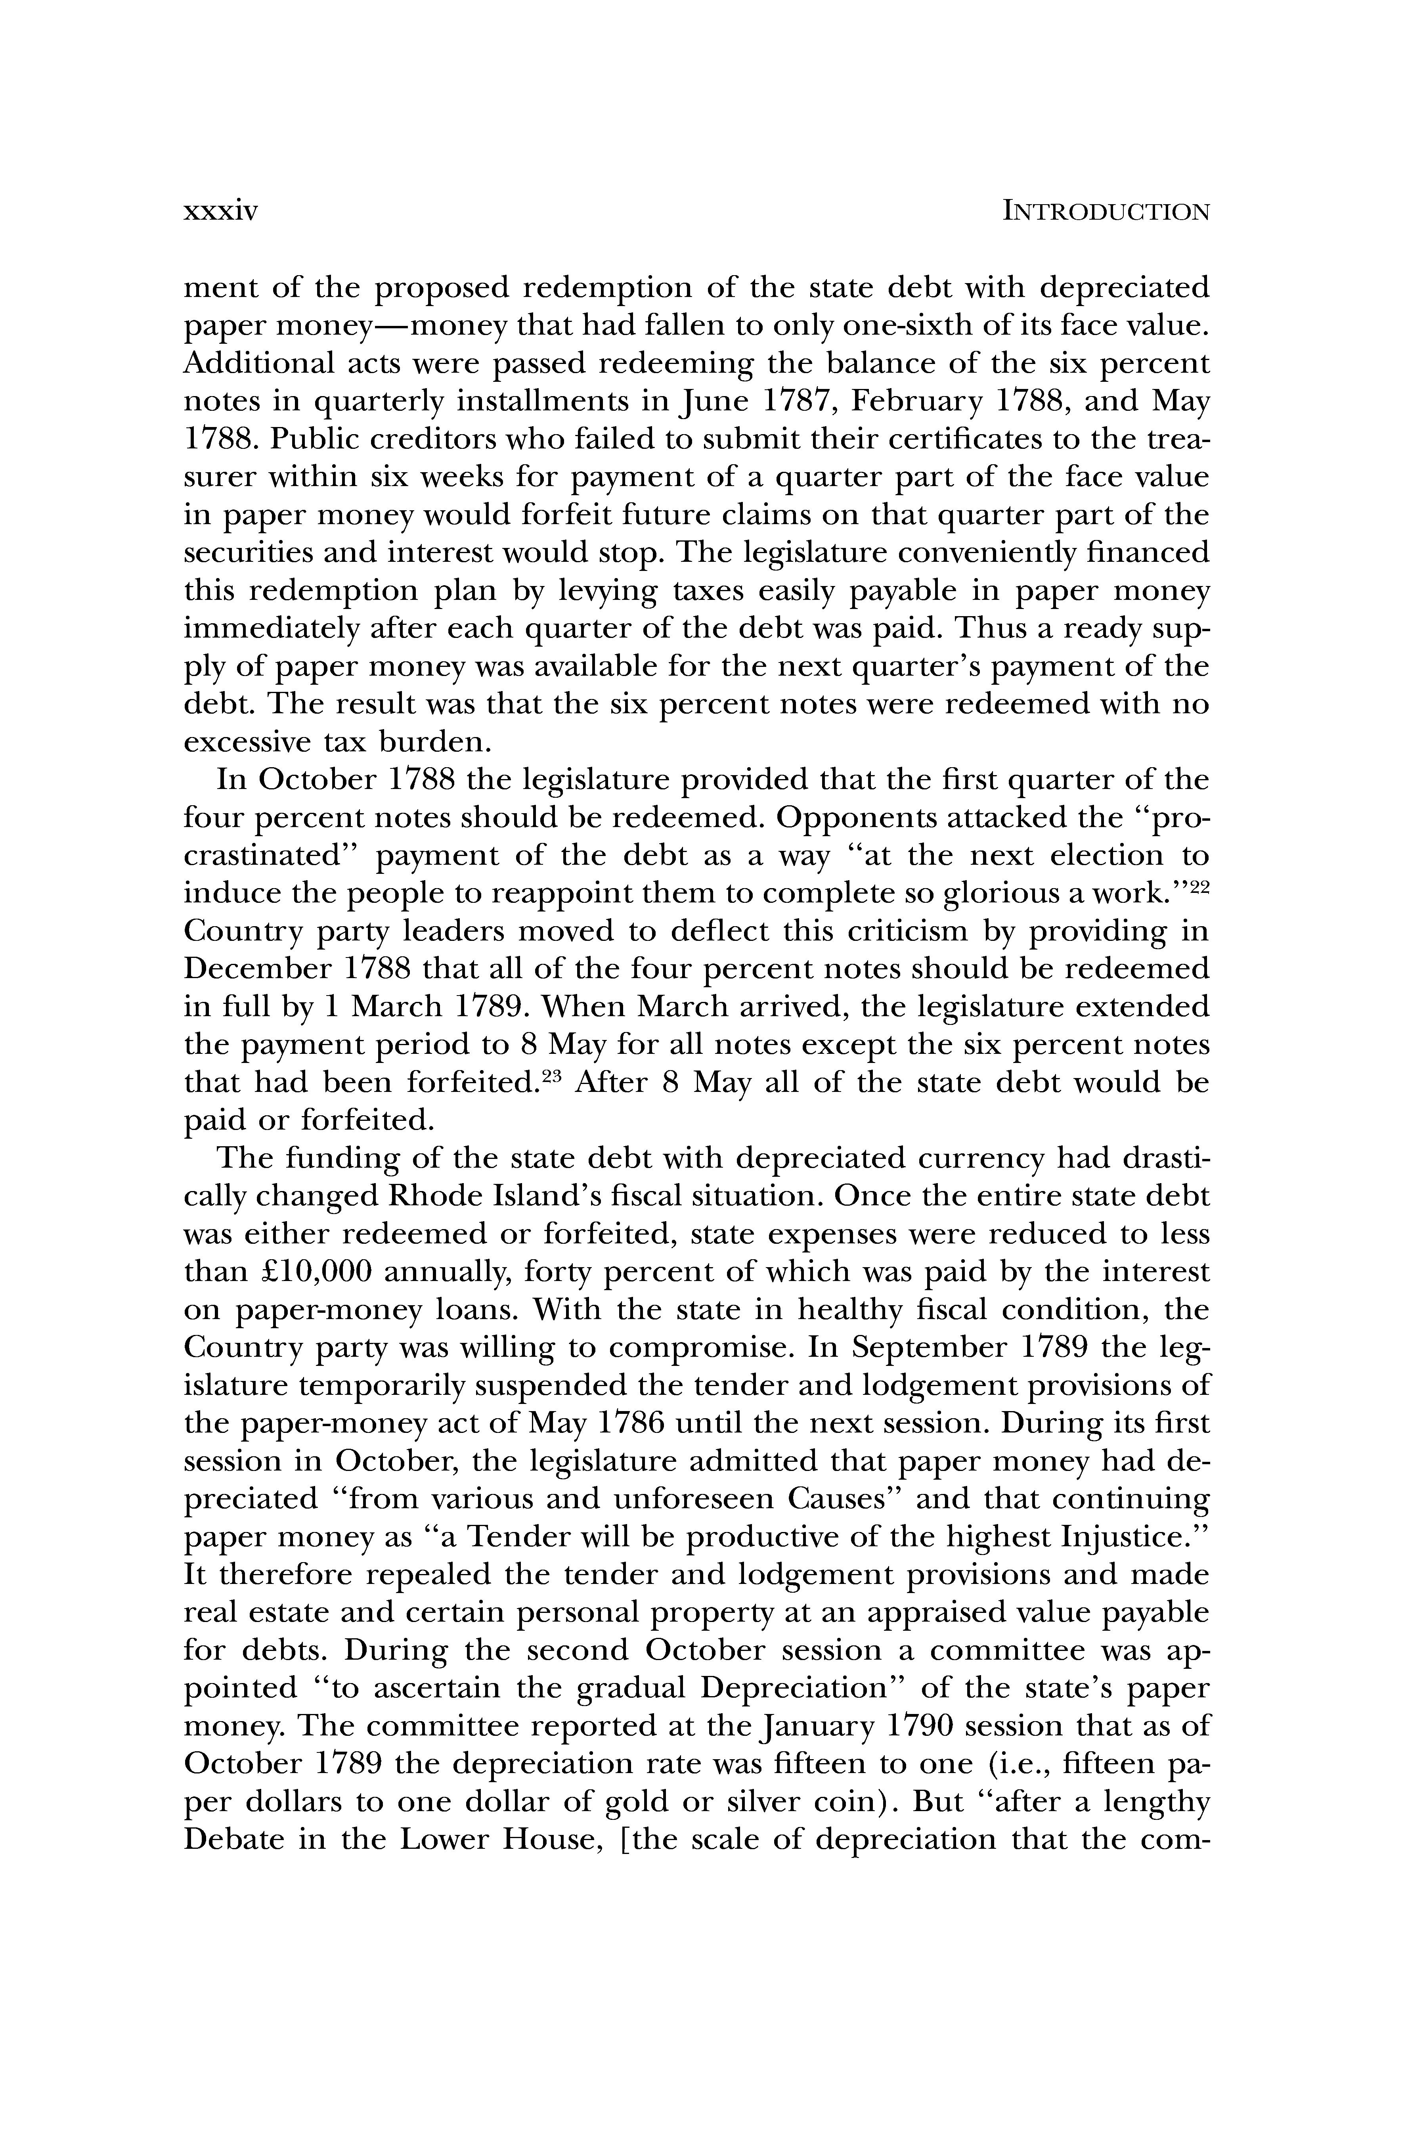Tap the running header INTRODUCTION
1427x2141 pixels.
click(x=1106, y=212)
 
